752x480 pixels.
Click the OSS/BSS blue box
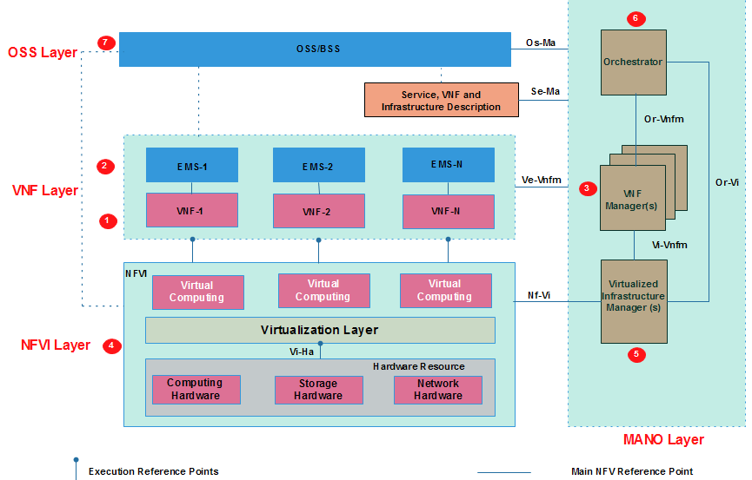315,49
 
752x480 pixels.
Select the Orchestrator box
633,62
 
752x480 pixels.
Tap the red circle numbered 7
106,43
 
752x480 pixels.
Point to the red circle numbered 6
635,18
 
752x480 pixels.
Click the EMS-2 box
318,165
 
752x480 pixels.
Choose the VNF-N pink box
448,211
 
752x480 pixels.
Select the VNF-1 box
191,210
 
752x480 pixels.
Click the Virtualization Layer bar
320,331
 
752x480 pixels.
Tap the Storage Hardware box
318,390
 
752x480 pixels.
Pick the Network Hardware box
437,390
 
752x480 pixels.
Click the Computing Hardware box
195,390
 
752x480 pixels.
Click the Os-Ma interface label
541,43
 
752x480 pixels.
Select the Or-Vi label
727,183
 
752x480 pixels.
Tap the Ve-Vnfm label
541,181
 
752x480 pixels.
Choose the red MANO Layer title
663,440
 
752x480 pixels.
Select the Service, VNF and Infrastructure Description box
440,101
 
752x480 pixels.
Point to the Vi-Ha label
302,352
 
